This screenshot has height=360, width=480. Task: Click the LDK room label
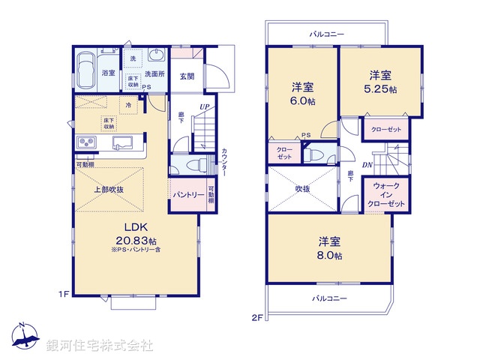coord(135,227)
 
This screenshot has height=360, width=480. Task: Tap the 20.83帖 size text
coord(135,240)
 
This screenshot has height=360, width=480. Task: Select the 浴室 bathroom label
coord(109,73)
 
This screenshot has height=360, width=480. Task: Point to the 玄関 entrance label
coord(187,75)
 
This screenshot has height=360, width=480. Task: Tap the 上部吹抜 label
coord(109,190)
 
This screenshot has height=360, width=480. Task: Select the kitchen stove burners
coord(83,143)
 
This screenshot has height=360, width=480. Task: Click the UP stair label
coord(204,107)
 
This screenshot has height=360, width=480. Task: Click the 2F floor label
coord(256,317)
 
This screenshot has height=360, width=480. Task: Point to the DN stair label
coord(368,166)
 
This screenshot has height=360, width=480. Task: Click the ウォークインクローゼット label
coord(386,193)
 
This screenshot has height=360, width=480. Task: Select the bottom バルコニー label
coord(330,298)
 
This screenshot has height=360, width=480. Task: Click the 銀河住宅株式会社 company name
coord(100,346)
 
